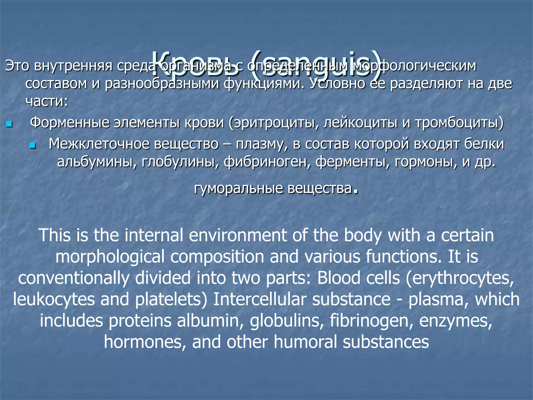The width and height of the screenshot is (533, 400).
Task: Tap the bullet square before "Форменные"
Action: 9,124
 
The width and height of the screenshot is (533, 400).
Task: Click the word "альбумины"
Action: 97,162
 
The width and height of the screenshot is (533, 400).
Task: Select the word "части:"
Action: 47,101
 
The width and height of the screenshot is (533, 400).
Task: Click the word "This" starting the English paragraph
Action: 55,235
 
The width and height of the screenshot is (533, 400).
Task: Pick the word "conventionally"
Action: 74,278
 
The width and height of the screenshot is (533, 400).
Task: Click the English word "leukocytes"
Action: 54,299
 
